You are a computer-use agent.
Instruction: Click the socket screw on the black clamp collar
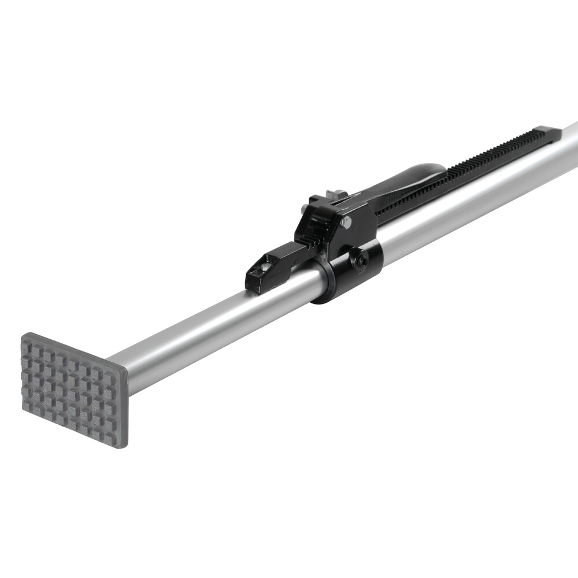pos(361,262)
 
